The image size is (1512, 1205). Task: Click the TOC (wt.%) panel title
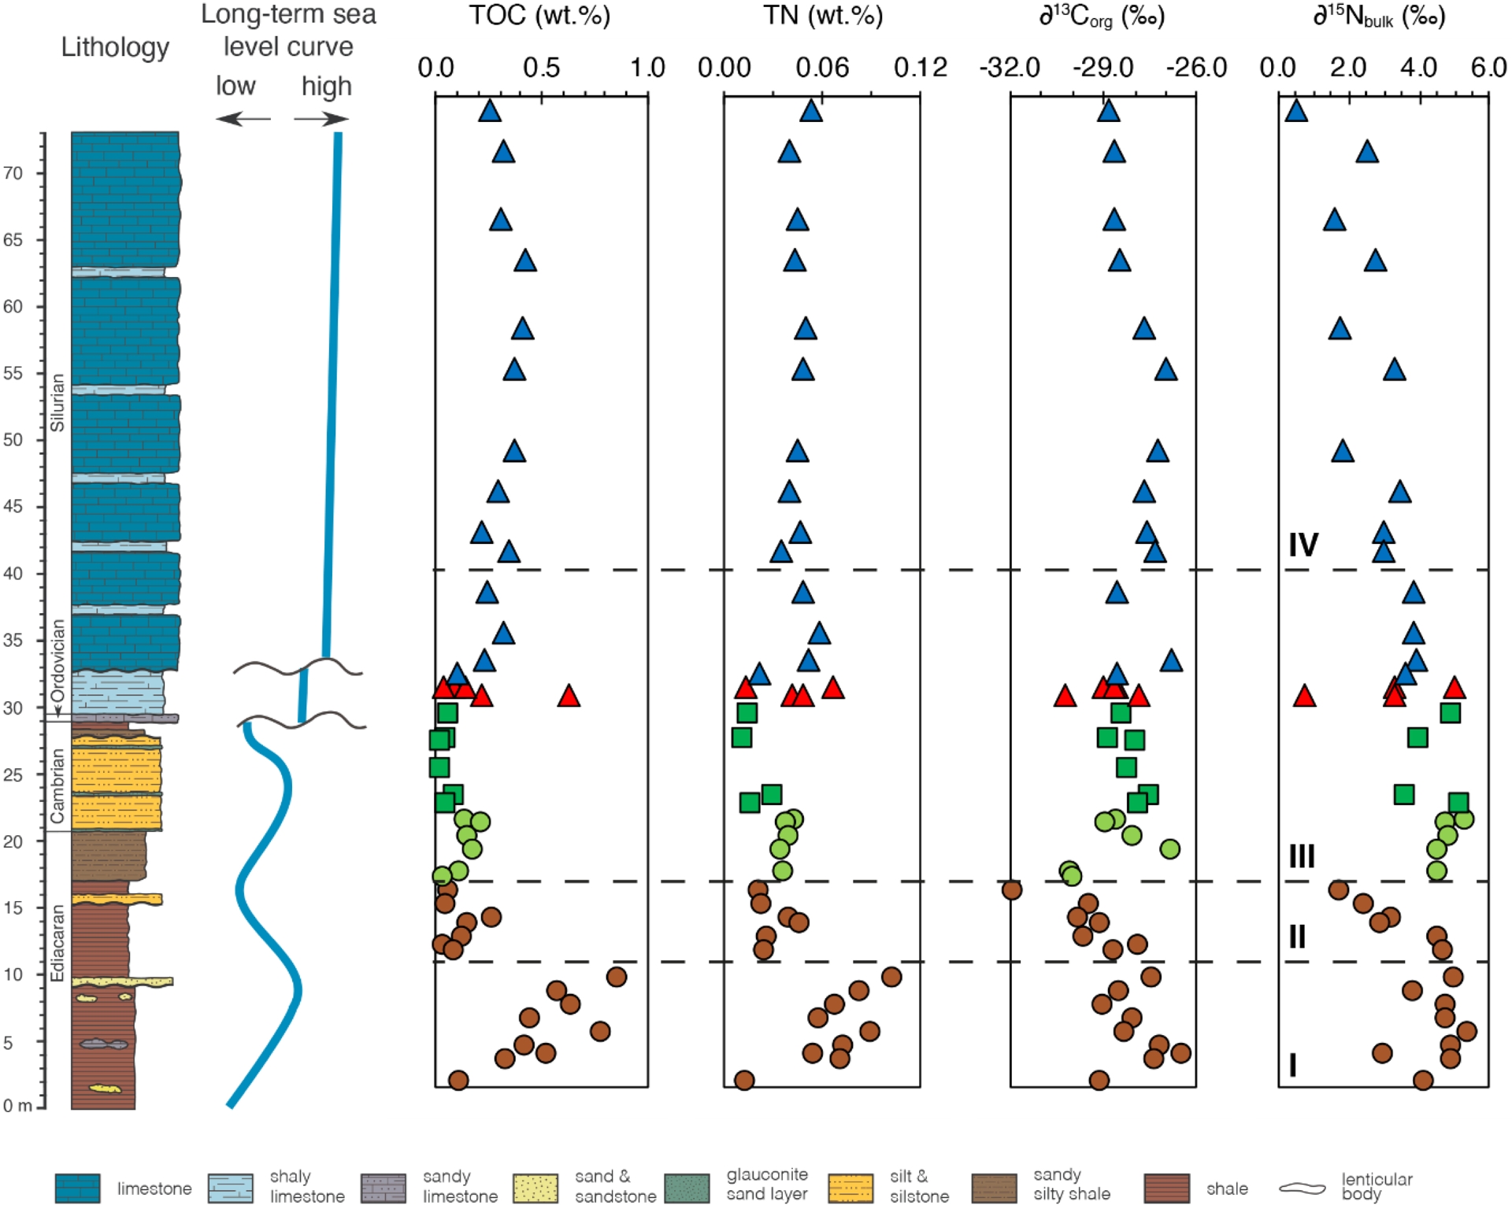(x=539, y=16)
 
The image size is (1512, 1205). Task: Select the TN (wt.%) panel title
(x=822, y=16)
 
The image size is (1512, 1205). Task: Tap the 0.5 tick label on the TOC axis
(x=541, y=68)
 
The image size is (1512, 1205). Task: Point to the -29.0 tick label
(x=1102, y=68)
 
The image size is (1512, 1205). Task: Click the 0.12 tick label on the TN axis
(x=920, y=68)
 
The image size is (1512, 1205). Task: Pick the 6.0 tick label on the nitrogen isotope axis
(x=1488, y=68)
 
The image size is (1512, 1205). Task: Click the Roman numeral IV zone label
(x=1303, y=545)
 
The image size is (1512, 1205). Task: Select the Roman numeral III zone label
(x=1301, y=856)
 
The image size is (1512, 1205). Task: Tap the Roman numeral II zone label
(x=1297, y=937)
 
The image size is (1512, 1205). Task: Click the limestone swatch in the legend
(x=77, y=1188)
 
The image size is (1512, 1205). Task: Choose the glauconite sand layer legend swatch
(x=687, y=1188)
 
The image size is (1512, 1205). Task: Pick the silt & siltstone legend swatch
(x=850, y=1188)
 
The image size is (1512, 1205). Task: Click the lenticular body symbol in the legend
(x=1303, y=1188)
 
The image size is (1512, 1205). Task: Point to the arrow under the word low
(x=243, y=120)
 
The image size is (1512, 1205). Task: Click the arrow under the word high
(x=321, y=120)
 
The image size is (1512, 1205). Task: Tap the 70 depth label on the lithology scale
(x=13, y=173)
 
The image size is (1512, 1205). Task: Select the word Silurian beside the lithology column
(x=57, y=402)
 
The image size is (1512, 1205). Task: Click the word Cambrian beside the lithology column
(x=57, y=785)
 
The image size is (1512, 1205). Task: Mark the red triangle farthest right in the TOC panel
(x=569, y=696)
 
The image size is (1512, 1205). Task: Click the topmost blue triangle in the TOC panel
(x=490, y=112)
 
